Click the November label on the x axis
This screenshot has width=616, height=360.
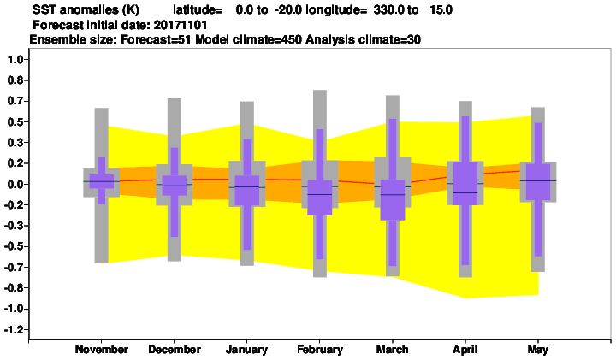click(x=101, y=349)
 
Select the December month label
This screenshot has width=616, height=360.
click(x=175, y=349)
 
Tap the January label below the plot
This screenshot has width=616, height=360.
click(x=246, y=349)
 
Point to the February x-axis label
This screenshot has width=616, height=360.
click(x=320, y=349)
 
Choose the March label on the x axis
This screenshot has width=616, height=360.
click(x=392, y=349)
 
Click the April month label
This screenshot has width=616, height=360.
click(x=465, y=349)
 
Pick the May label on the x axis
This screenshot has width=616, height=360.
click(x=538, y=349)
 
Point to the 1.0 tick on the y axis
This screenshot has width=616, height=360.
click(x=15, y=60)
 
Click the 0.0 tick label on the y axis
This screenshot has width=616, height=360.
click(x=15, y=184)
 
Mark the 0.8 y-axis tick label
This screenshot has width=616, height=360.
click(x=15, y=80)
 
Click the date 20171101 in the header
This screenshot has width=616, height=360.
click(x=181, y=25)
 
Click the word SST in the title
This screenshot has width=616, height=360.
click(x=43, y=9)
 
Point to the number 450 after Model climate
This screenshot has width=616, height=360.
click(x=293, y=39)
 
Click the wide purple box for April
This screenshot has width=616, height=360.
click(x=465, y=183)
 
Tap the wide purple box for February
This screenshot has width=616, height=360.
click(x=320, y=198)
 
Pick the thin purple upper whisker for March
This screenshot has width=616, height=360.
click(x=393, y=149)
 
